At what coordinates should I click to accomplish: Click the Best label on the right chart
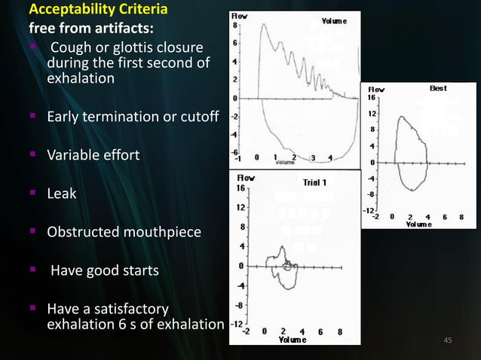(438, 88)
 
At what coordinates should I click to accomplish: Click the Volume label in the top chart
(334, 20)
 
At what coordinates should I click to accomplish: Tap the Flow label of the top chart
(240, 16)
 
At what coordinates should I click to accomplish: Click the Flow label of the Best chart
(375, 89)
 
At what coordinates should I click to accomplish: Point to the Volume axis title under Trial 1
(292, 339)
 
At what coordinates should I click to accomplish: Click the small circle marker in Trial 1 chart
(286, 266)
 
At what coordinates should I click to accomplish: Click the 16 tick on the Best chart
(371, 97)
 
